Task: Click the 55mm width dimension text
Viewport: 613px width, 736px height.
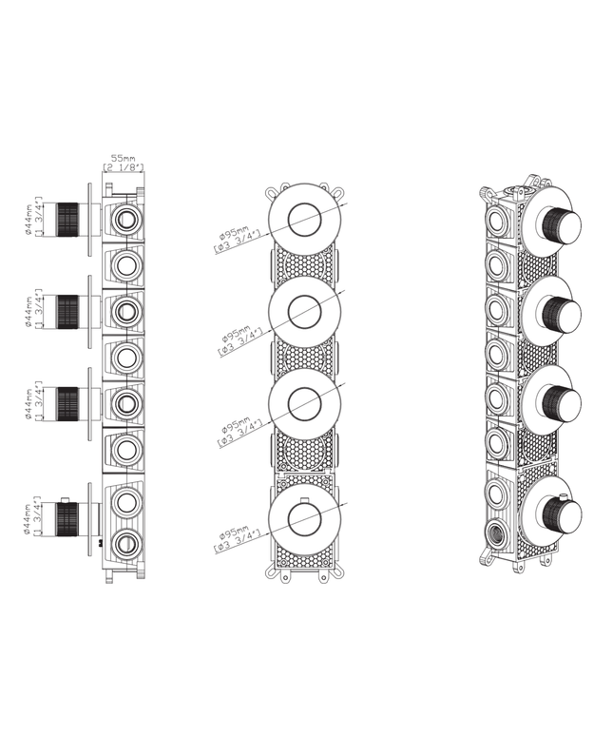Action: pyautogui.click(x=123, y=158)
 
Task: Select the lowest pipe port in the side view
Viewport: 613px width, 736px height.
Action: pyautogui.click(x=125, y=544)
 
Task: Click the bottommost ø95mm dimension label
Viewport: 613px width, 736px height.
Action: pyautogui.click(x=235, y=539)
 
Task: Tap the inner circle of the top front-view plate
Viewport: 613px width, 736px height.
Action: pyautogui.click(x=306, y=218)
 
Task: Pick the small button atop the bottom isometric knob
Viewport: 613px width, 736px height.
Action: pyautogui.click(x=566, y=497)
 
